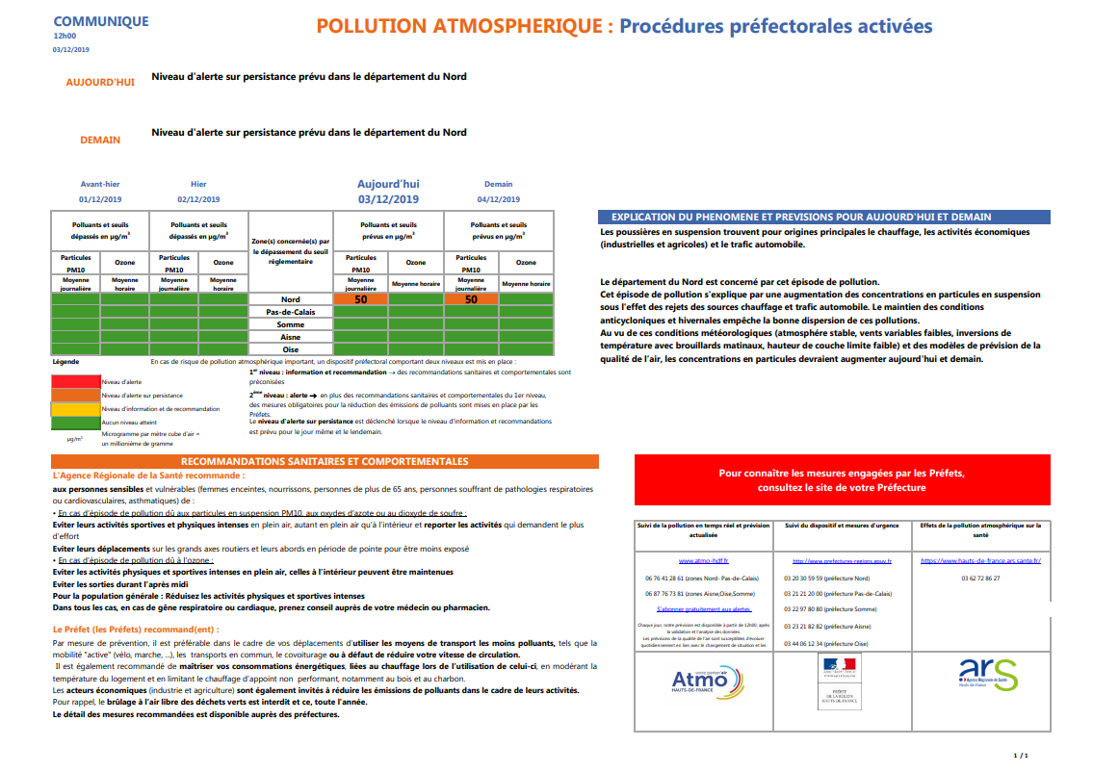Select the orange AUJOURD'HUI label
click(x=100, y=83)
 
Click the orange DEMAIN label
click(x=100, y=140)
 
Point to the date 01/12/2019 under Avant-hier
click(x=100, y=199)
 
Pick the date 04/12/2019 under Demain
click(x=498, y=199)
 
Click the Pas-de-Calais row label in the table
click(x=291, y=312)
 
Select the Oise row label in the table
click(x=291, y=349)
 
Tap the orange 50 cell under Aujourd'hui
click(x=361, y=299)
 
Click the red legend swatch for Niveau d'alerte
click(x=75, y=382)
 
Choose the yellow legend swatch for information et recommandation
click(x=75, y=409)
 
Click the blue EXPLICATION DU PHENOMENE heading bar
click(x=801, y=217)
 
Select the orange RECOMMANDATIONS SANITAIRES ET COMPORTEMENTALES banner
click(x=325, y=462)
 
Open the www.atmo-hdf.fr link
click(x=703, y=560)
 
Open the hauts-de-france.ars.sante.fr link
click(x=980, y=560)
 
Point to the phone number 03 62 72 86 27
click(x=980, y=578)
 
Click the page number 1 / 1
click(x=1021, y=756)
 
